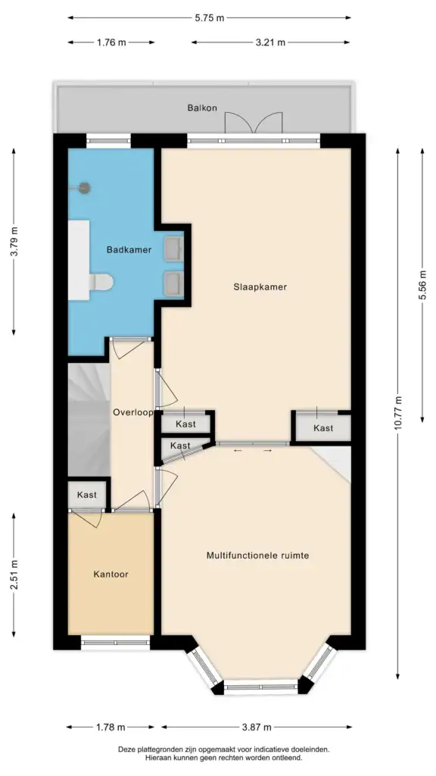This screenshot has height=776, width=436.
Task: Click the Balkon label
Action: pos(202,108)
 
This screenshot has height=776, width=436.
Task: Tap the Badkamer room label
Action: pos(129,249)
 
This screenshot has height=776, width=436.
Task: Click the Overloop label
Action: pos(133,413)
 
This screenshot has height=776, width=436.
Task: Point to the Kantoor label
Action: pos(111,574)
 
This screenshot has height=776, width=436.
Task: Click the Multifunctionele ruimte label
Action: pos(257,555)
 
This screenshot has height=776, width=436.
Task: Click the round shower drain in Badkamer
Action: pos(85,188)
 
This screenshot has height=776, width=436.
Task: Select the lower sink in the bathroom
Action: pos(173,283)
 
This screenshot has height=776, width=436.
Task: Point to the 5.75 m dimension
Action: pos(210,17)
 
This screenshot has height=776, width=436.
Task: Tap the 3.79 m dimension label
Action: pos(14,242)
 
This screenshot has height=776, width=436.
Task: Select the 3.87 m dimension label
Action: pos(255,727)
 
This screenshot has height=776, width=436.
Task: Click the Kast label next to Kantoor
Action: pos(87,495)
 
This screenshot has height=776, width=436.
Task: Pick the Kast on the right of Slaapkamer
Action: pos(323,428)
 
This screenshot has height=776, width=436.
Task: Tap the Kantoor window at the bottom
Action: pos(117,643)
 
